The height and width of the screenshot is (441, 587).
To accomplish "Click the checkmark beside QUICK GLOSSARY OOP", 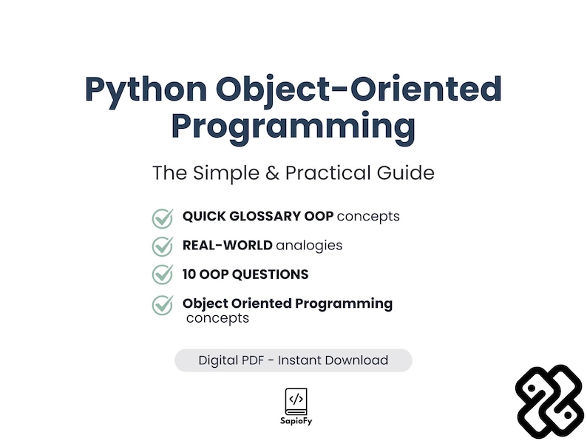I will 162,218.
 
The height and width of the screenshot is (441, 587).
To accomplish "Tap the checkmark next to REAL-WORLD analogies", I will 162,246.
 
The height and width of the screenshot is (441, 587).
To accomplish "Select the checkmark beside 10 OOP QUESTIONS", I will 162,275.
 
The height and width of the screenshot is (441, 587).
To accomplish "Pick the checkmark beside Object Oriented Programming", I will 162,304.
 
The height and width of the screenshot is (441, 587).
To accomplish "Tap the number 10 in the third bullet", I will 190,275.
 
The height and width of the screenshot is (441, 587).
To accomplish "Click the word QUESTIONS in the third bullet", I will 271,275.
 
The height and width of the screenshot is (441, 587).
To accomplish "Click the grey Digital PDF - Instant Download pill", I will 293,360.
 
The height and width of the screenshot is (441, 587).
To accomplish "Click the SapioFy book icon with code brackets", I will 295,400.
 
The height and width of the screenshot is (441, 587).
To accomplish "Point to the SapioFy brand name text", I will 295,420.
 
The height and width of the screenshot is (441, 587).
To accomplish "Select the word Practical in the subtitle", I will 326,173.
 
